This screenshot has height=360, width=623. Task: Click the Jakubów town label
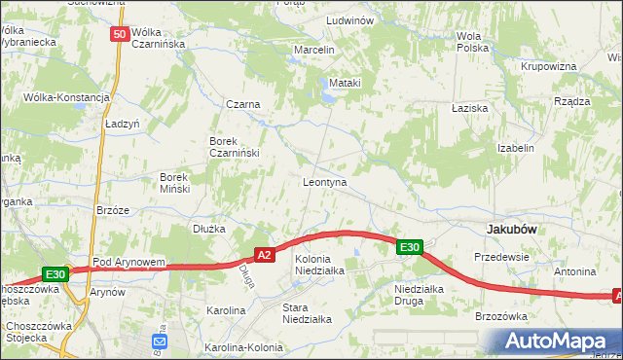513,228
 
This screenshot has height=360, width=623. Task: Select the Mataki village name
346,83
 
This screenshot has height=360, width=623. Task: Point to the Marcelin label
314,50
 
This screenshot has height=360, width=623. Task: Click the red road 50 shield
119,34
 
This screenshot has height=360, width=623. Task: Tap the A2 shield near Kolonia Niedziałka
264,255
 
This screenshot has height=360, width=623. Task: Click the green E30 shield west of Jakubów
409,247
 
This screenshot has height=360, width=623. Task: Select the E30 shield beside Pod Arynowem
55,274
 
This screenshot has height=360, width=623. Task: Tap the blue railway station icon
160,341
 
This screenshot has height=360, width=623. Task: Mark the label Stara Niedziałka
307,312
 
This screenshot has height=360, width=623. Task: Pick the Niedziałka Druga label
420,295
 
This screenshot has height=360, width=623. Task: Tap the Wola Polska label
472,42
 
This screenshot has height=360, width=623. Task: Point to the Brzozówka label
500,316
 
